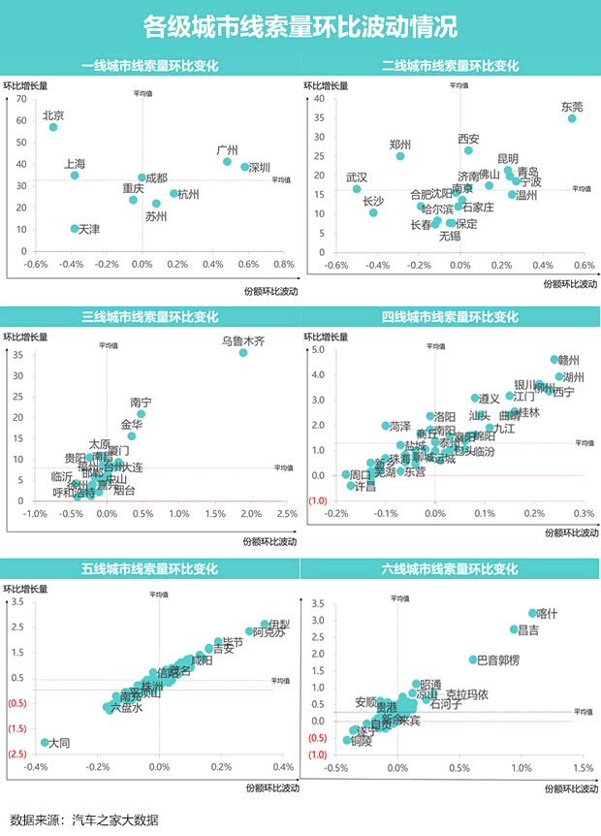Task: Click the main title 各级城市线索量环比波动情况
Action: tap(300, 26)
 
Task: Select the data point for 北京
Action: tap(54, 127)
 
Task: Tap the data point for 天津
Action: tap(75, 229)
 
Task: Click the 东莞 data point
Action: tap(572, 118)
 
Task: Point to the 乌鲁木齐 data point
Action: tap(243, 353)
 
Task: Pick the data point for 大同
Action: tap(45, 743)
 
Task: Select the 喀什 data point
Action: tap(532, 613)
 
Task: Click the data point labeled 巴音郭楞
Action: tap(473, 659)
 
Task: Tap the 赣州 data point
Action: tap(554, 360)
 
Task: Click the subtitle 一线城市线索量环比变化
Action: tap(149, 66)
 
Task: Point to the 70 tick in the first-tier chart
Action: tap(21, 100)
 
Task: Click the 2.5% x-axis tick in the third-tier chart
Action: tap(287, 513)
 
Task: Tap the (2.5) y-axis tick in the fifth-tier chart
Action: tap(17, 754)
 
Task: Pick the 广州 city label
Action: tap(227, 150)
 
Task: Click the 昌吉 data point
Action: tap(515, 629)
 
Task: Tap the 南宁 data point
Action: tap(141, 414)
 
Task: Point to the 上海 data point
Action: tap(75, 176)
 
